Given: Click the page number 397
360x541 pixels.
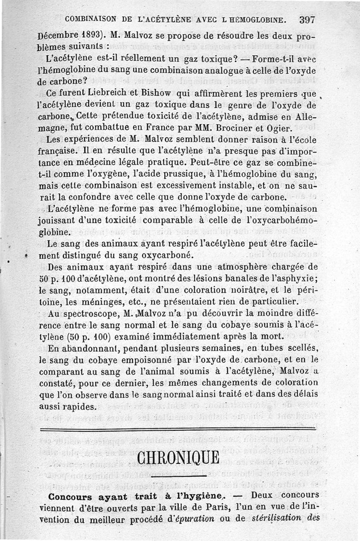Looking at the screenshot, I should click(x=306, y=20).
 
